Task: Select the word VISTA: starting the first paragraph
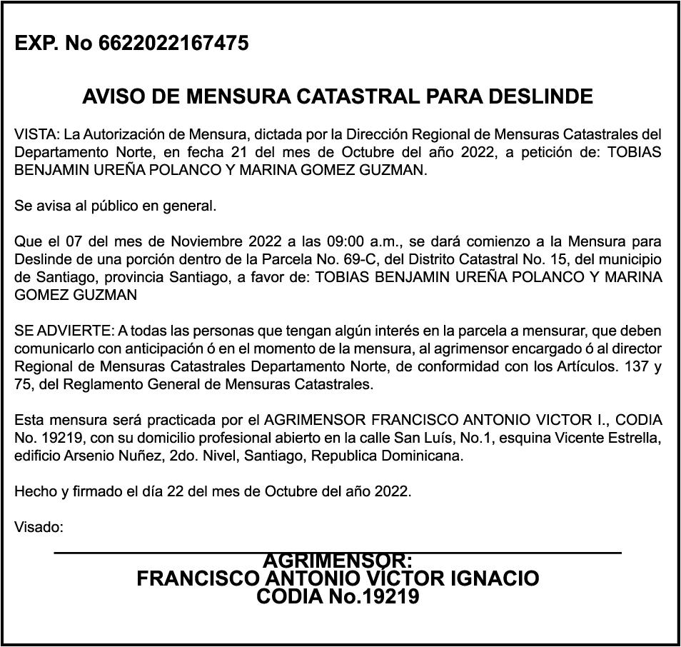pos(37,134)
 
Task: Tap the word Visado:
pos(39,528)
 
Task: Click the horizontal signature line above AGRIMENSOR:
pos(338,553)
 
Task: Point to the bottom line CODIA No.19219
pos(338,596)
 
